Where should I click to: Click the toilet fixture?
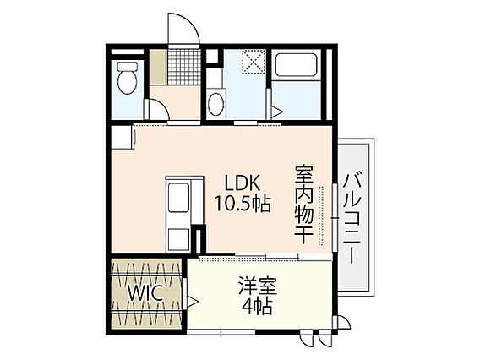(x=128, y=78)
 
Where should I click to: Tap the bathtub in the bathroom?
(x=296, y=65)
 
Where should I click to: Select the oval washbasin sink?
(x=215, y=104)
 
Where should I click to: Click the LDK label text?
(x=243, y=183)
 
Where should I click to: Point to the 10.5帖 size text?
(x=243, y=203)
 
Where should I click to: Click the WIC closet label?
(x=145, y=293)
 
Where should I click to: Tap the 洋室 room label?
(x=258, y=286)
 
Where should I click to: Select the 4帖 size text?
(x=257, y=307)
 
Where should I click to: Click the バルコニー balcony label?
(x=352, y=219)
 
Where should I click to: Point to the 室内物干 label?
(x=303, y=205)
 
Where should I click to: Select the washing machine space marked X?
(x=254, y=62)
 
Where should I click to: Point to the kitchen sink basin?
(x=178, y=198)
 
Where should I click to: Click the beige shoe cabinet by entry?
(x=158, y=67)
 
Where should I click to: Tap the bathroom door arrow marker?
(x=277, y=112)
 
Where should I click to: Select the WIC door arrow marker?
(x=192, y=301)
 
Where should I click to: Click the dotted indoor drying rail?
(x=320, y=215)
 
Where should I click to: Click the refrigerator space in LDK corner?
(x=123, y=138)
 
